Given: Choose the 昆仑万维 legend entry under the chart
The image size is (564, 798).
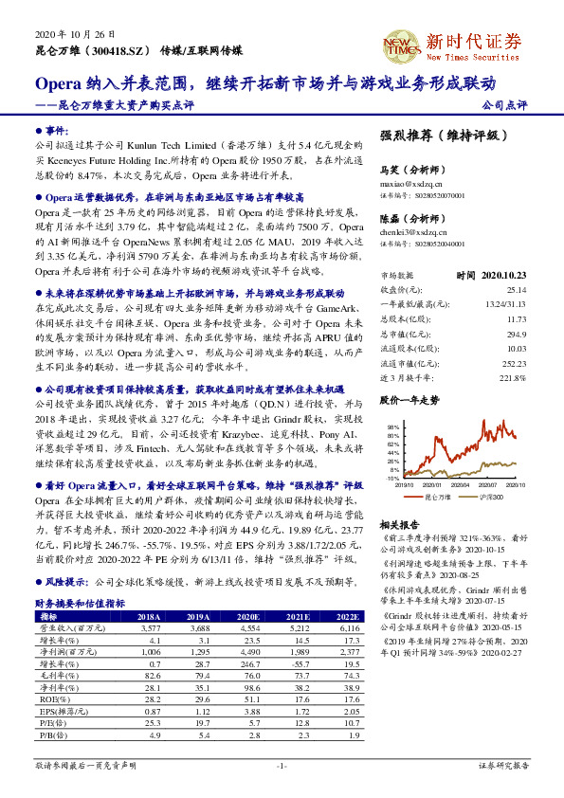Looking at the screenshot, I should point(436,496).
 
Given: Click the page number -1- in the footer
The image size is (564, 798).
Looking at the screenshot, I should point(282,765).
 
